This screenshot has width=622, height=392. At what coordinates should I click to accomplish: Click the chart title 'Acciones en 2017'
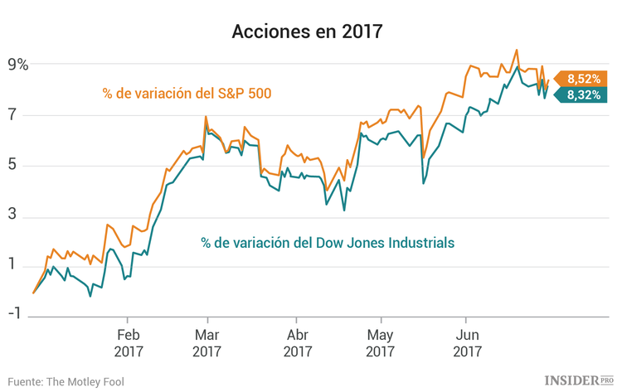tap(311, 32)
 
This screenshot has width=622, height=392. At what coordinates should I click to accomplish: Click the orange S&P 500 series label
tap(187, 93)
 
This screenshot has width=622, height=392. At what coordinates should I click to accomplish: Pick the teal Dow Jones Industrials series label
tap(328, 243)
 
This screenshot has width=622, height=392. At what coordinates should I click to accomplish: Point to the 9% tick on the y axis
tap(17, 65)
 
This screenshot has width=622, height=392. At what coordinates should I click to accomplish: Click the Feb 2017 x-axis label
tap(127, 343)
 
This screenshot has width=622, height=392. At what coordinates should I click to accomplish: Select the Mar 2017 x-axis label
tap(207, 343)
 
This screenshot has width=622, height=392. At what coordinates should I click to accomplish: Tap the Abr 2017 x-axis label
tap(297, 343)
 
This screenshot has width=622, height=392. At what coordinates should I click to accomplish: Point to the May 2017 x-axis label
tap(380, 343)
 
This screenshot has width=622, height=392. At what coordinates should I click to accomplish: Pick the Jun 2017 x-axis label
tap(466, 343)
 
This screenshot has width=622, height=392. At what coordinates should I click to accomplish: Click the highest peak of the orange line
tap(517, 50)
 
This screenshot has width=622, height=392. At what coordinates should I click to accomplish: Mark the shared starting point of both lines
tap(33, 293)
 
